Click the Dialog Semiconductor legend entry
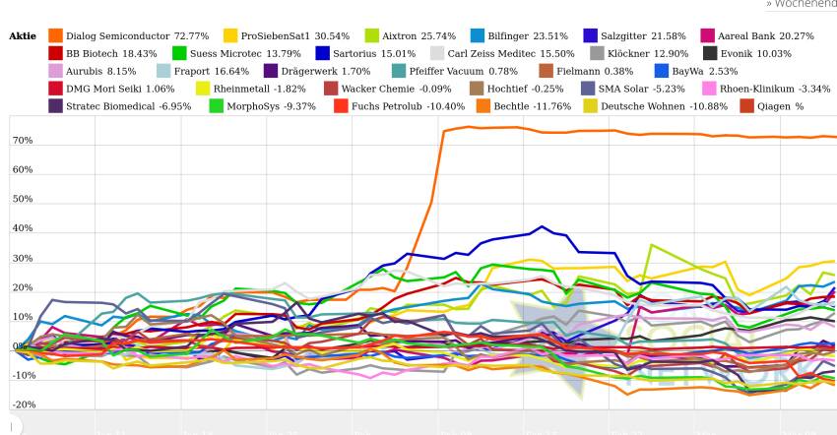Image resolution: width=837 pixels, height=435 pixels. pyautogui.click(x=137, y=35)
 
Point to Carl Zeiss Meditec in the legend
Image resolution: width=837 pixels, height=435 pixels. pyautogui.click(x=510, y=53)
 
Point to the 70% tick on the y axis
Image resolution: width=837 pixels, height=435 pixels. pyautogui.click(x=22, y=141)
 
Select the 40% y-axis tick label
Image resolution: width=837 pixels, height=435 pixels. pyautogui.click(x=22, y=229)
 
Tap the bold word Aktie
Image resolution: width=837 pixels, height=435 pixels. pyautogui.click(x=22, y=35)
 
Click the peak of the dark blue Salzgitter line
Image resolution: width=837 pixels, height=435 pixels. pyautogui.click(x=542, y=226)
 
